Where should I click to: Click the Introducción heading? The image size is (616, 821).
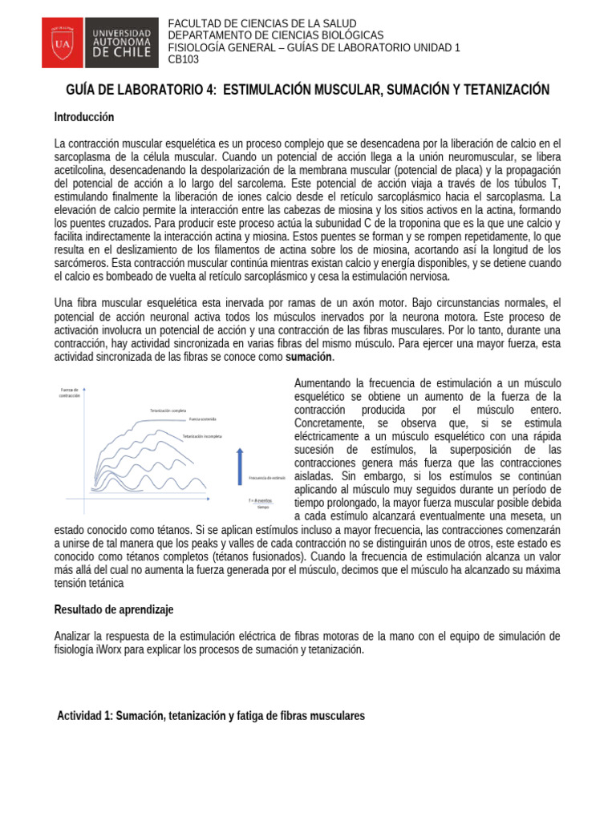click(x=84, y=117)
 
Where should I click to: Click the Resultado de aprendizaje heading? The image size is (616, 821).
click(x=113, y=609)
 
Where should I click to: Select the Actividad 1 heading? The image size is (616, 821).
click(x=211, y=715)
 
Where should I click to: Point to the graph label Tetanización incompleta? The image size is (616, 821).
click(x=202, y=436)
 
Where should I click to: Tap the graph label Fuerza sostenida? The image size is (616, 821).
click(x=203, y=419)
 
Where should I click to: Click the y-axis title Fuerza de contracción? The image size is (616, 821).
click(x=71, y=392)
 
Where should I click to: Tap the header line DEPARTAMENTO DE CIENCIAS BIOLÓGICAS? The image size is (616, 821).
click(x=275, y=35)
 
